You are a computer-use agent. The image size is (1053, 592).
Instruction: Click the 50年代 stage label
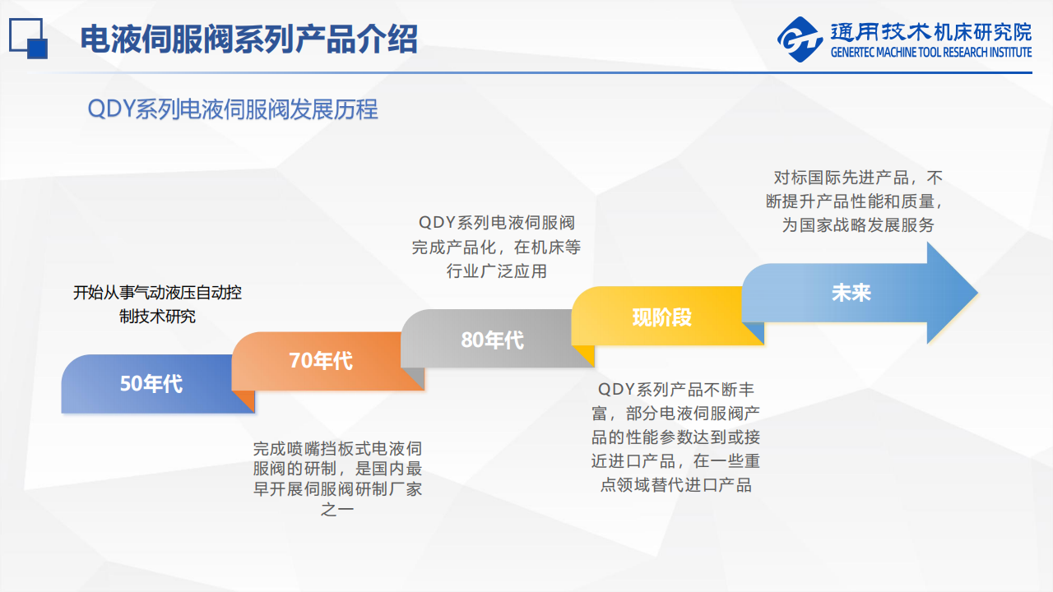pyautogui.click(x=151, y=384)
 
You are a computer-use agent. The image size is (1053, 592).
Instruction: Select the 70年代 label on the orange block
pyautogui.click(x=321, y=361)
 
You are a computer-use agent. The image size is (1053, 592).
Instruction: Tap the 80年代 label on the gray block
pyautogui.click(x=492, y=340)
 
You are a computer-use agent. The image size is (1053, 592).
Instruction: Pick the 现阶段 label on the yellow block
pyautogui.click(x=662, y=317)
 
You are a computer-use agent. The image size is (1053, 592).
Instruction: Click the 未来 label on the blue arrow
pyautogui.click(x=851, y=293)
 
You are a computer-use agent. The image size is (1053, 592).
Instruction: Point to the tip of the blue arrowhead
pyautogui.click(x=978, y=293)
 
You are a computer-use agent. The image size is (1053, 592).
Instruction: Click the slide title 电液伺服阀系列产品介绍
pyautogui.click(x=248, y=39)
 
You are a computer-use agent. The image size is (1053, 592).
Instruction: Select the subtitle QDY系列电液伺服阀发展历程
pyautogui.click(x=233, y=109)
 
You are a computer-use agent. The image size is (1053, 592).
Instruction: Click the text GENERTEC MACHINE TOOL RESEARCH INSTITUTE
pyautogui.click(x=931, y=52)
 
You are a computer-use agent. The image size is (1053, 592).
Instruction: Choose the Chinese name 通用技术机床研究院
pyautogui.click(x=931, y=32)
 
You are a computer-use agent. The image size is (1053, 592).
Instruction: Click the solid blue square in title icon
pyautogui.click(x=38, y=49)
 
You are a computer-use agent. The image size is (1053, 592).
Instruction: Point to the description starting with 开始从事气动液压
pyautogui.click(x=157, y=304)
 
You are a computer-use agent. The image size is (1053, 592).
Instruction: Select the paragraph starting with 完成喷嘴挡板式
pyautogui.click(x=337, y=479)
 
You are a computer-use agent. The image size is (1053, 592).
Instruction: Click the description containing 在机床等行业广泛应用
pyautogui.click(x=496, y=247)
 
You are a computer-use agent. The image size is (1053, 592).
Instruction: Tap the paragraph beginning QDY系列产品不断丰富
pyautogui.click(x=676, y=437)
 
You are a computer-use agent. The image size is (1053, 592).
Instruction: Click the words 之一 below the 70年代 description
pyautogui.click(x=337, y=509)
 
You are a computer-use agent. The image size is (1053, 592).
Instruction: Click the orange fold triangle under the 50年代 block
pyautogui.click(x=244, y=401)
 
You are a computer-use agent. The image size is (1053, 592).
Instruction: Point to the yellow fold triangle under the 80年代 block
pyautogui.click(x=583, y=356)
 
